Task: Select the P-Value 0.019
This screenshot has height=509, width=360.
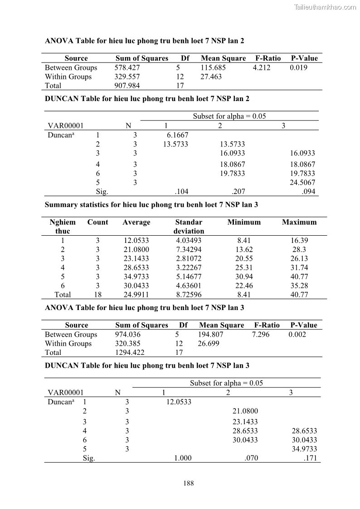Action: tap(298, 68)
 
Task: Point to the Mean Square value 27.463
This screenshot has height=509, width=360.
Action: tap(211, 77)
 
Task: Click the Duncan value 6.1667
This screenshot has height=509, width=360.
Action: tap(177, 135)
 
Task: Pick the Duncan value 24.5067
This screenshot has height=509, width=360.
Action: tap(302, 183)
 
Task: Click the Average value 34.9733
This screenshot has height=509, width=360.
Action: tap(136, 276)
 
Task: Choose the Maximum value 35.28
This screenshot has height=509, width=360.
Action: tap(299, 286)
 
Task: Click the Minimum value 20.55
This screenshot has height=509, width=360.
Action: tap(244, 258)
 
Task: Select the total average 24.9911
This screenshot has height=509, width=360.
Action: tap(136, 295)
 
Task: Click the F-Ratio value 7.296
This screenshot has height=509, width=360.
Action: tap(261, 334)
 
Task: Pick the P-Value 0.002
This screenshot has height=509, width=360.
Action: tap(297, 334)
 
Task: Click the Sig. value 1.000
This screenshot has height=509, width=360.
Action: tap(183, 458)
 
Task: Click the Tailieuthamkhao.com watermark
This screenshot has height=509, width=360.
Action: tap(325, 7)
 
